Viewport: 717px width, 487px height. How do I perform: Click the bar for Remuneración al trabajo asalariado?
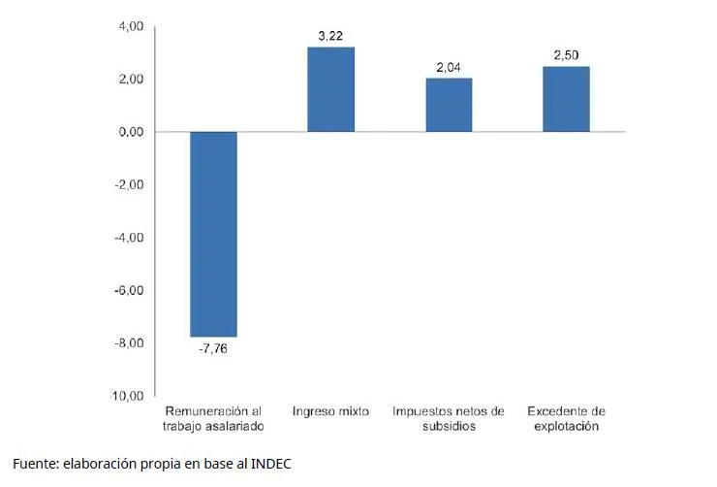click(213, 234)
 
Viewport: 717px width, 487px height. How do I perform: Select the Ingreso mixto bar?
click(330, 89)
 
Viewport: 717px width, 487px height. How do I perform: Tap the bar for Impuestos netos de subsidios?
click(449, 105)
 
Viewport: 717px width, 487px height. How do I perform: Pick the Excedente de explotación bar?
click(566, 99)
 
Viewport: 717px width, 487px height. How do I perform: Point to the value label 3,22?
click(330, 36)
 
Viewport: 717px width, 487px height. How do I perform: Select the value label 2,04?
click(449, 67)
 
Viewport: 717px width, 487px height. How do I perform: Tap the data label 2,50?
click(566, 55)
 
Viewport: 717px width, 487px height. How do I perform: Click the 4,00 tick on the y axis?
click(131, 26)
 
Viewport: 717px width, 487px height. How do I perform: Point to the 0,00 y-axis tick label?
click(131, 132)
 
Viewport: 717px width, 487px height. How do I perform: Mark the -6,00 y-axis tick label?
click(129, 290)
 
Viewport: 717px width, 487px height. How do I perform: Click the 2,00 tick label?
click(131, 79)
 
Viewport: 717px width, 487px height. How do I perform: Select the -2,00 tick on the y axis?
click(129, 184)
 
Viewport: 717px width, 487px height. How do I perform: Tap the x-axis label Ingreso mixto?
click(330, 411)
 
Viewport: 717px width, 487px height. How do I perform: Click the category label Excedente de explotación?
click(566, 418)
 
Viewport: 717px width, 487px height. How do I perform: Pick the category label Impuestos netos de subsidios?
click(449, 418)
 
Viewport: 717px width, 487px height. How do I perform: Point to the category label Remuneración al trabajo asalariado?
click(213, 418)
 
